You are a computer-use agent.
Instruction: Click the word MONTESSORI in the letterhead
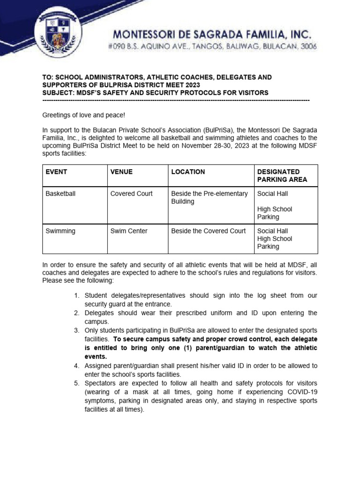pos(149,34)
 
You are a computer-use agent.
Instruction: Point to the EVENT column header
pos(56,172)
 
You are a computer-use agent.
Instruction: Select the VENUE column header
pos(121,172)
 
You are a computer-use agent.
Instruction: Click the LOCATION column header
pos(188,172)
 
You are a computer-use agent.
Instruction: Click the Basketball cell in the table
pos(60,194)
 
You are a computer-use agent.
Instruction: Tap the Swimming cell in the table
pos(60,231)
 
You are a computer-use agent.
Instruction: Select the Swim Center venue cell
pos(129,231)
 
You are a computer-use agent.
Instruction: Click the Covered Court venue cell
pos(131,194)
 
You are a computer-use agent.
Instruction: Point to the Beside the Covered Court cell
pos(208,231)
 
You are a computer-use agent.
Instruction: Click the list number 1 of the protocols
pos(76,295)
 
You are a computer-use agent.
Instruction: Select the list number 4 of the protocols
pos(76,366)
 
